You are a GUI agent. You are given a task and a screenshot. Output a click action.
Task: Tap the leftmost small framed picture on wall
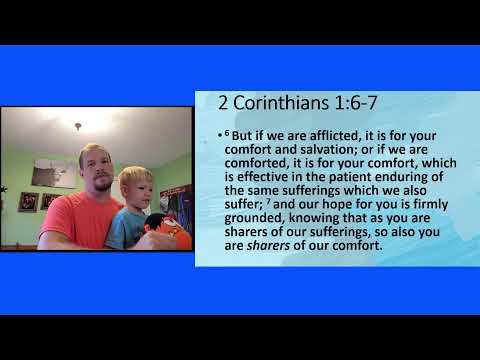28,202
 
